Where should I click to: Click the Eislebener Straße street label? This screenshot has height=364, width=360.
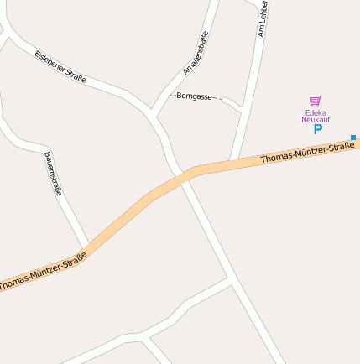60,67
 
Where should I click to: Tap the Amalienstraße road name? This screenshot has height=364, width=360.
195,52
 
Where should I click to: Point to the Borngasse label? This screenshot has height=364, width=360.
193,96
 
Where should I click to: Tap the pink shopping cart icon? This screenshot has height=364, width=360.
316,101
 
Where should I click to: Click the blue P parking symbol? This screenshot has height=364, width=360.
317,129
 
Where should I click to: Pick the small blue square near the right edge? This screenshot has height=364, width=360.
353,137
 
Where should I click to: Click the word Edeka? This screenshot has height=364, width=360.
316,112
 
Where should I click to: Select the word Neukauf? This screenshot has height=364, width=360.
316,120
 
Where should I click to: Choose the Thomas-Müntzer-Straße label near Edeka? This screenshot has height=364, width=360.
306,153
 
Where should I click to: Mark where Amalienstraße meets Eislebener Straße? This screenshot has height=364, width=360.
151,112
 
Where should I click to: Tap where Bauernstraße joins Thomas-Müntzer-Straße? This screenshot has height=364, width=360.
87,247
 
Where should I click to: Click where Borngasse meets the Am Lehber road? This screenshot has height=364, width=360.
243,110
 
